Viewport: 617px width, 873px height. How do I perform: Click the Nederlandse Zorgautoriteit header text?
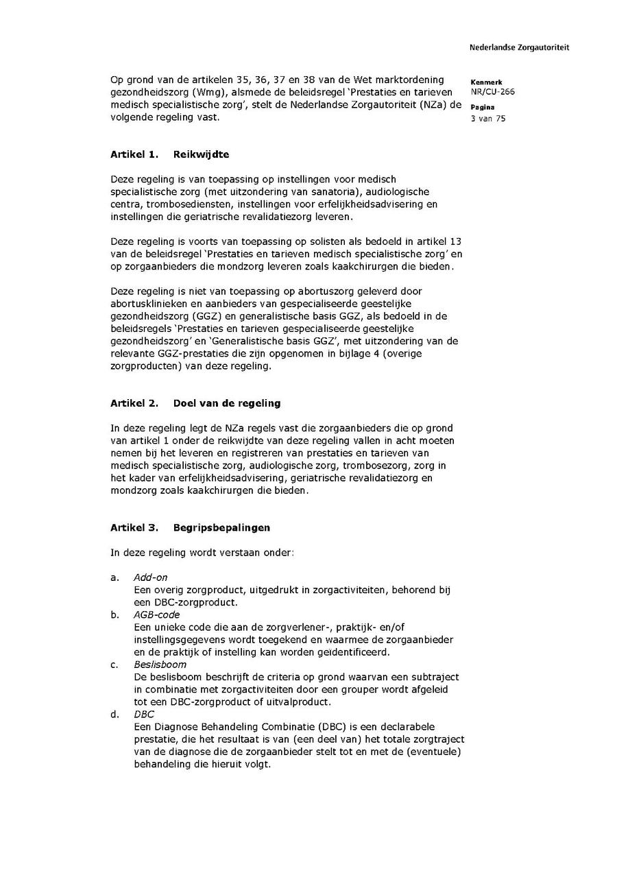tap(519, 48)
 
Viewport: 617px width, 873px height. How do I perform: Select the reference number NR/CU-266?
tap(492, 92)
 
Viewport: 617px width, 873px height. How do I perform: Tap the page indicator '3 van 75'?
tap(487, 119)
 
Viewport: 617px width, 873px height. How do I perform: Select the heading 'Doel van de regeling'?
tap(226, 403)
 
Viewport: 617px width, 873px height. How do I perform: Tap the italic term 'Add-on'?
tap(150, 577)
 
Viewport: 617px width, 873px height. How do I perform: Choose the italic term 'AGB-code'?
tap(156, 614)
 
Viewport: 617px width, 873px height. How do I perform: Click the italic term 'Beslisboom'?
tap(160, 665)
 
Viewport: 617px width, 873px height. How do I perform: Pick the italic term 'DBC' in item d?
tap(144, 714)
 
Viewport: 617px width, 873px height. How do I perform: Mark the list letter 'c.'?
tap(114, 665)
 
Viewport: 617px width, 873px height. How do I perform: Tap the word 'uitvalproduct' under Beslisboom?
tap(304, 702)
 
